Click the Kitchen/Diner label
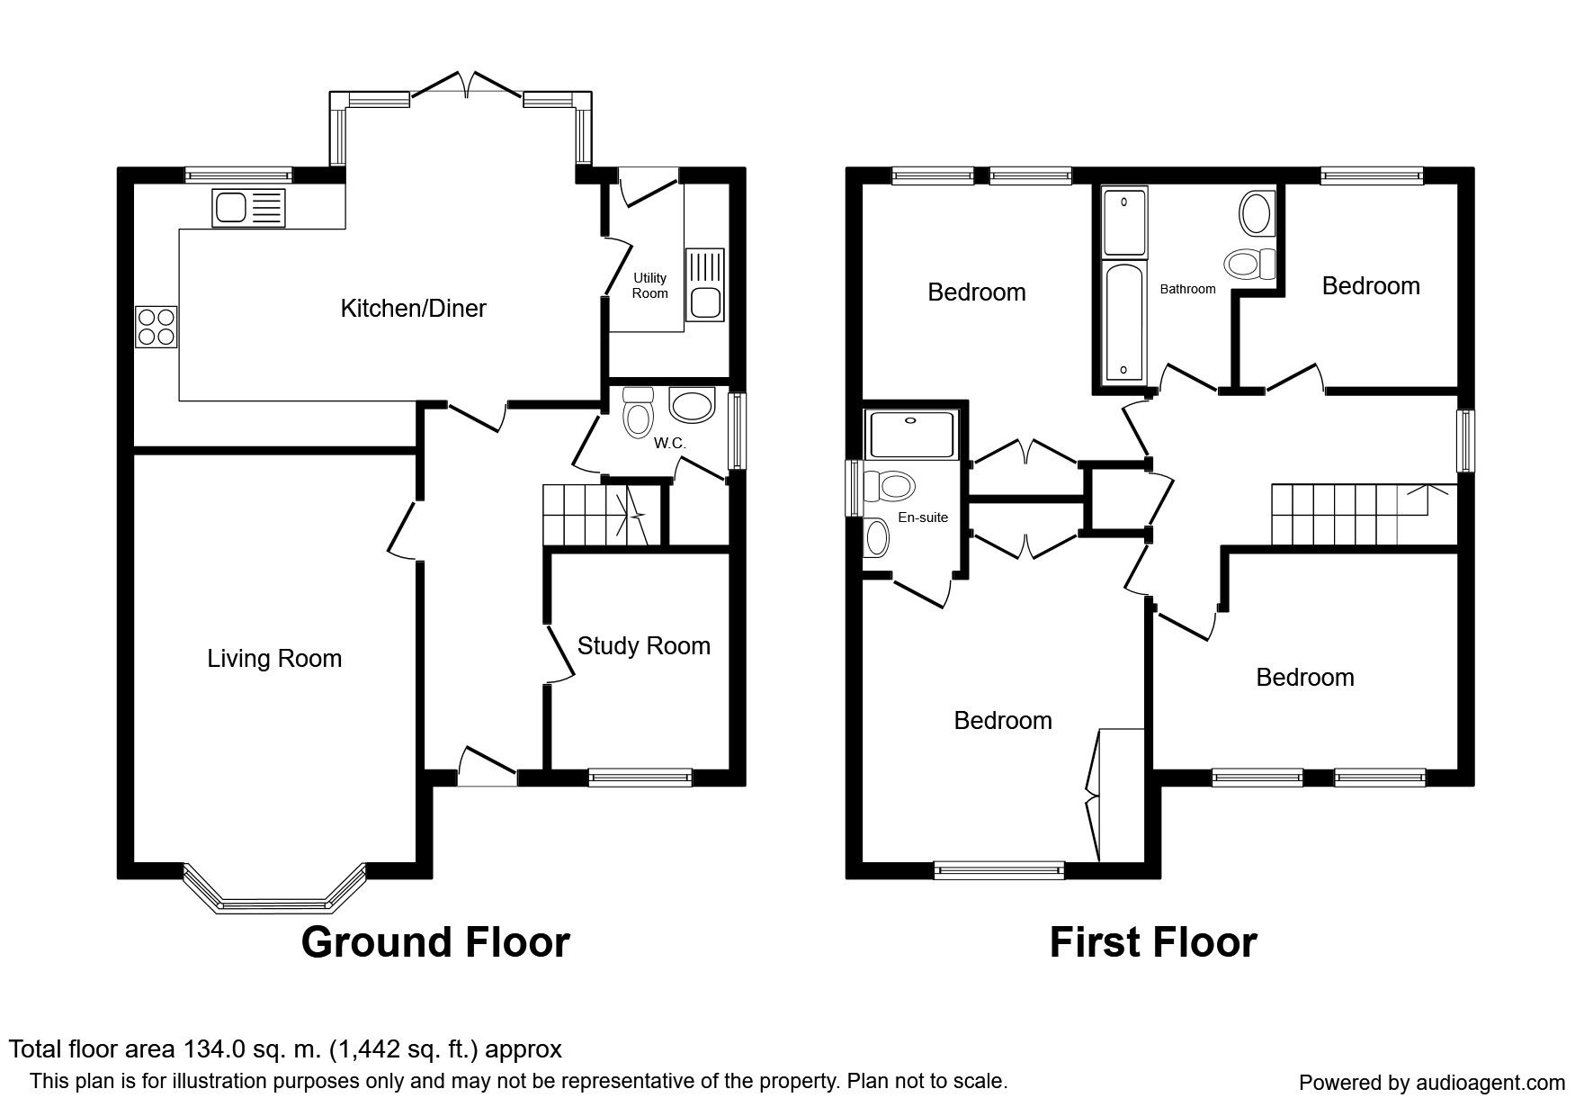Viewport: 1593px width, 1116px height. (x=413, y=309)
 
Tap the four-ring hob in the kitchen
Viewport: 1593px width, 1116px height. (x=157, y=327)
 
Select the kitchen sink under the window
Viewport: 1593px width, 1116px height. (x=248, y=208)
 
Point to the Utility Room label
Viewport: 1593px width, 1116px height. (x=649, y=286)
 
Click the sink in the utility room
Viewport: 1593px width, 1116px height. (x=705, y=284)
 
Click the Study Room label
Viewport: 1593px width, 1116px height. (x=643, y=646)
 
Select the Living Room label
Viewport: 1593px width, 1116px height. (x=274, y=659)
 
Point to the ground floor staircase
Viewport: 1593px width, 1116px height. (x=597, y=515)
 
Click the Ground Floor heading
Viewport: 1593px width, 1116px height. (x=435, y=942)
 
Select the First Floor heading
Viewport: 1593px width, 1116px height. (x=1153, y=942)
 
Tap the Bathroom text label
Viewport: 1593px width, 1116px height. (x=1187, y=289)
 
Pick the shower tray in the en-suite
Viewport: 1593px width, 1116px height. (x=912, y=433)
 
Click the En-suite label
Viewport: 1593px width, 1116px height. (x=923, y=517)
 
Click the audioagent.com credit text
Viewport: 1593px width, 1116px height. (x=1432, y=1083)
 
